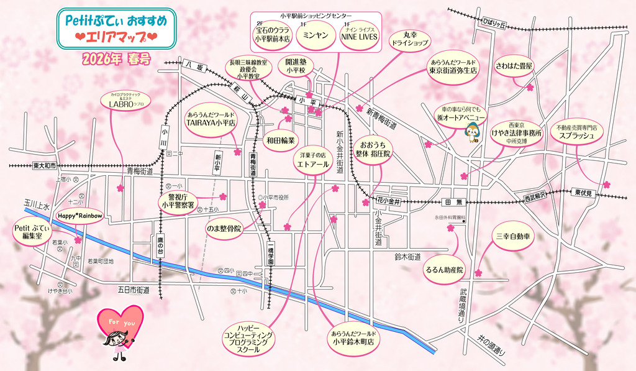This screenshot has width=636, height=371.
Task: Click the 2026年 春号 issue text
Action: pos(115,60)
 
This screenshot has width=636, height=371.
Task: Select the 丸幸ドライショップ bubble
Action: pos(409,39)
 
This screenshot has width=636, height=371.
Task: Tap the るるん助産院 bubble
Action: pos(444,270)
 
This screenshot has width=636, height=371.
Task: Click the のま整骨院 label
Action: pos(224,229)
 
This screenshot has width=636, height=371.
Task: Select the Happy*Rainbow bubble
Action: pos(79,216)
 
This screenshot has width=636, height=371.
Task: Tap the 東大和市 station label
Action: pos(44,166)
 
